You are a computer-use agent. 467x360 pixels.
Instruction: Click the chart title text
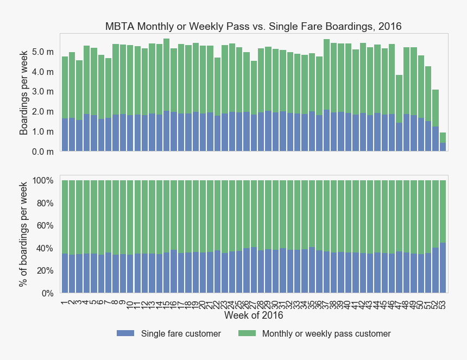[x=253, y=26]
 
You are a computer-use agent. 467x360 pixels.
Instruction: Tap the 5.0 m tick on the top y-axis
[x=43, y=52]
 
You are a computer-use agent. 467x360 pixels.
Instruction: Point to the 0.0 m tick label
[x=43, y=152]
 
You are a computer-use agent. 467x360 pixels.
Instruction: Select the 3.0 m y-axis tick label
[x=43, y=92]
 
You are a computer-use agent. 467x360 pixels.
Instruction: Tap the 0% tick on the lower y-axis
[x=46, y=294]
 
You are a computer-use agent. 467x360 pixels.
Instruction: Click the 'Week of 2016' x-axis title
[x=253, y=315]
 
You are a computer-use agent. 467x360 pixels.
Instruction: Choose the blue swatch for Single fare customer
[x=125, y=333]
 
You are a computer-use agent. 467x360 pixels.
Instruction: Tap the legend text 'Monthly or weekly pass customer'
[x=326, y=334]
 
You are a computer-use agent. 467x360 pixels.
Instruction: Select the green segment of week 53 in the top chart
[x=443, y=137]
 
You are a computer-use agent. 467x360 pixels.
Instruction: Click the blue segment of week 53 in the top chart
[x=443, y=147]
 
